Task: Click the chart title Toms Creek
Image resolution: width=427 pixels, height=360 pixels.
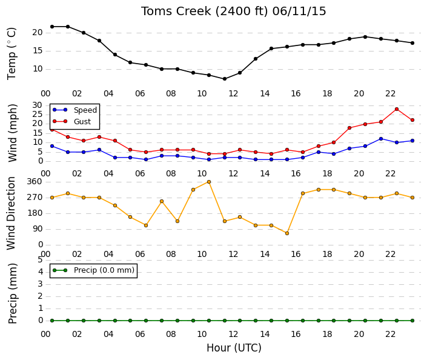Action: click(176, 12)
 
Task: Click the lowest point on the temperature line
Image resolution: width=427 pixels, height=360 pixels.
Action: click(224, 79)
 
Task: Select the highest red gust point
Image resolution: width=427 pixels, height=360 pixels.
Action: click(397, 109)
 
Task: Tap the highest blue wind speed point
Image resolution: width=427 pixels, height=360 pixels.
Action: click(381, 139)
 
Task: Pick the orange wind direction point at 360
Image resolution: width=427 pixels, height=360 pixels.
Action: click(209, 182)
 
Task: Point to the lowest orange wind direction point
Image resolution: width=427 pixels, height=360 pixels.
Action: click(286, 233)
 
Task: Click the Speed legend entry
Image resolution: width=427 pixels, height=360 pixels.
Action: click(75, 110)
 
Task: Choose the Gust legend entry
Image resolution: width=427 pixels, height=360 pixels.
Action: click(71, 121)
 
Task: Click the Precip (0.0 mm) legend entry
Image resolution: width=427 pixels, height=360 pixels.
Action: click(93, 270)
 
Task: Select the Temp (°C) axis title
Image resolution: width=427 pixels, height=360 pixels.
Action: click(12, 54)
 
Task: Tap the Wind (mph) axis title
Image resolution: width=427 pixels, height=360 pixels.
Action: click(12, 133)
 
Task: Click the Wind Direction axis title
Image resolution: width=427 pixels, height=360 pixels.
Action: click(11, 213)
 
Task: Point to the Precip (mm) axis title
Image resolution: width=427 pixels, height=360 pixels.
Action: click(12, 293)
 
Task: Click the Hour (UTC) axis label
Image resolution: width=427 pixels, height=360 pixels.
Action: click(234, 348)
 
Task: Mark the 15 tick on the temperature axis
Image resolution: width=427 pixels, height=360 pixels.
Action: click(38, 51)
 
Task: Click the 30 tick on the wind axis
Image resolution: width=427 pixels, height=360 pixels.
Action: click(38, 105)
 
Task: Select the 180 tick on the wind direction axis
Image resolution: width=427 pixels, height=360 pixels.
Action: click(35, 213)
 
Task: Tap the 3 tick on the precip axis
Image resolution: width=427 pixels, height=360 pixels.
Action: click(41, 284)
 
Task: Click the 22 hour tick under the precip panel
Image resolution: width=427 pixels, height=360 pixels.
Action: click(390, 334)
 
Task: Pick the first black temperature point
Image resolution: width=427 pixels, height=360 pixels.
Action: click(52, 27)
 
